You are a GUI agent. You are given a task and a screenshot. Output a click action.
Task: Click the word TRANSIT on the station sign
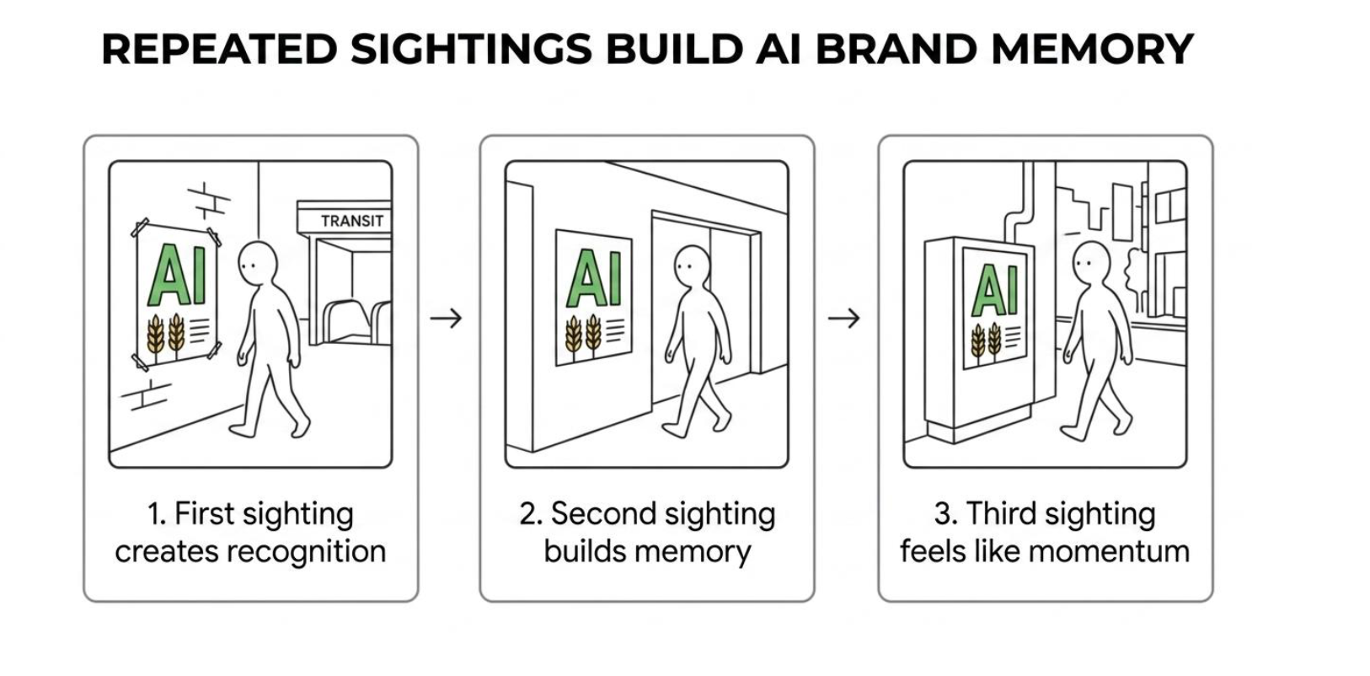(x=352, y=221)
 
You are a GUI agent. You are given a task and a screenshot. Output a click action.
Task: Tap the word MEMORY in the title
(x=1092, y=49)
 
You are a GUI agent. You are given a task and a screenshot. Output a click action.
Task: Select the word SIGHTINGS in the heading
(x=472, y=49)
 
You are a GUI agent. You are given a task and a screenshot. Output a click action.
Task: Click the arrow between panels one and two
(x=446, y=318)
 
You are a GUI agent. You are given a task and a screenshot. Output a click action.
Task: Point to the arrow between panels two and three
(x=844, y=318)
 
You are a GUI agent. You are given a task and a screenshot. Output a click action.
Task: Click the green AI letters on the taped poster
(x=177, y=275)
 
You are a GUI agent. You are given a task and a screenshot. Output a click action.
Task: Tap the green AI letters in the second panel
(x=594, y=278)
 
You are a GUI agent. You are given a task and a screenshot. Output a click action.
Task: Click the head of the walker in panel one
(x=258, y=263)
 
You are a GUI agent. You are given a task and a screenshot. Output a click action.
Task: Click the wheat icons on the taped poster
(x=166, y=335)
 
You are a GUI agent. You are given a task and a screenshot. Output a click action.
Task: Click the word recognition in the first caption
(x=307, y=552)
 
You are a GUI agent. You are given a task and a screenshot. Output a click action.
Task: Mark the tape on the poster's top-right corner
(x=213, y=236)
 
